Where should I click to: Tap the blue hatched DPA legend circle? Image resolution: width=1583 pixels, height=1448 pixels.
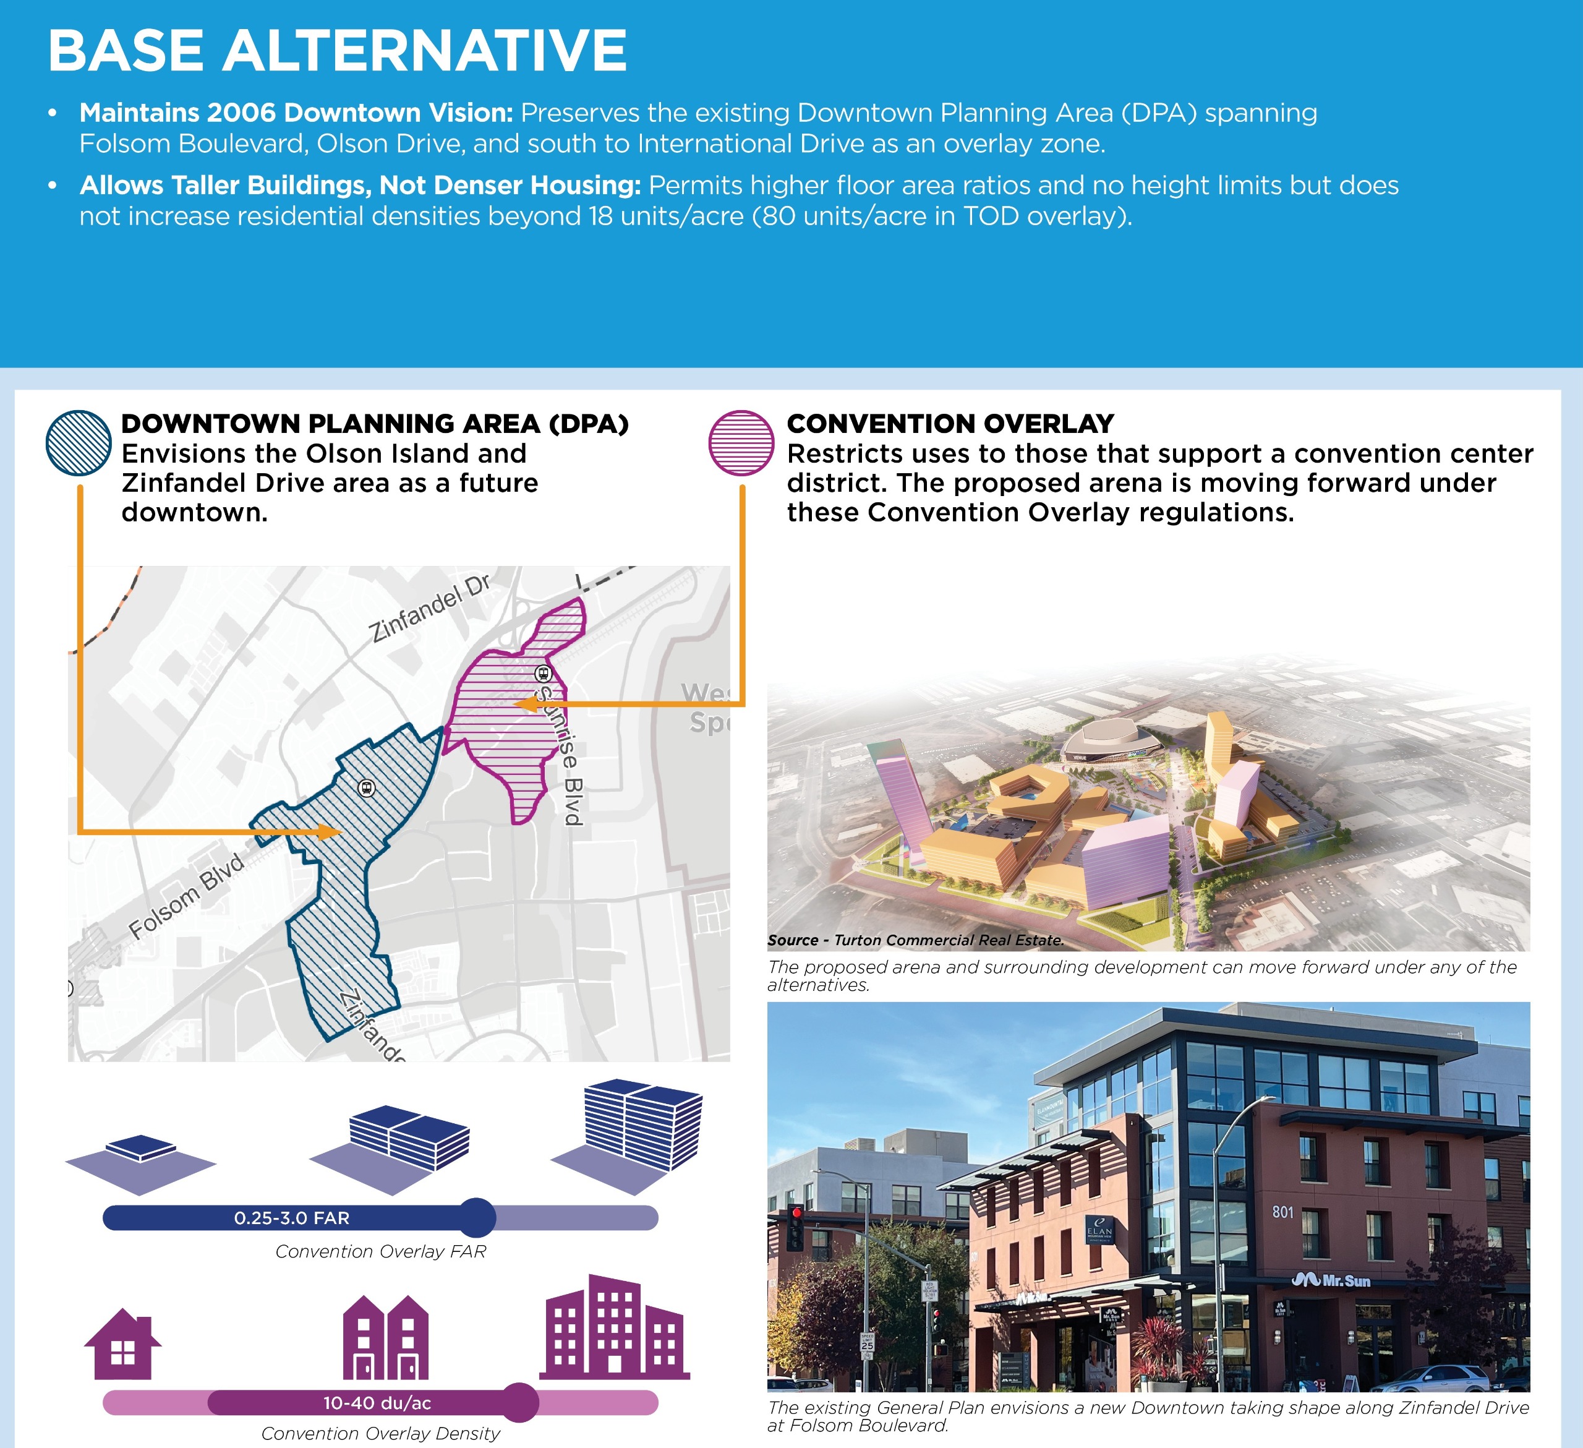79,443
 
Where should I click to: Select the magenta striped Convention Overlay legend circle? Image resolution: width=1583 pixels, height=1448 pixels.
741,443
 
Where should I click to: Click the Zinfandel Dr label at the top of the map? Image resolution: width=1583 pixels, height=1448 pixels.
430,608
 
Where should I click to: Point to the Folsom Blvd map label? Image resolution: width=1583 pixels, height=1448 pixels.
187,896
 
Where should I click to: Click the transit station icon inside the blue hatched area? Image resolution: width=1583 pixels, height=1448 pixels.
366,787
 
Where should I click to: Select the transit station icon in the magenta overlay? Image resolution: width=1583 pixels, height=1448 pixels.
542,674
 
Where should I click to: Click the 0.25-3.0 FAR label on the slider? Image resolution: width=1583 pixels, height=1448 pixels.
291,1218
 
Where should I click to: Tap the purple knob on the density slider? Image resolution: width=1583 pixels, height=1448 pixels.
518,1402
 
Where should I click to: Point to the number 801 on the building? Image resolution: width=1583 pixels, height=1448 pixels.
1283,1212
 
